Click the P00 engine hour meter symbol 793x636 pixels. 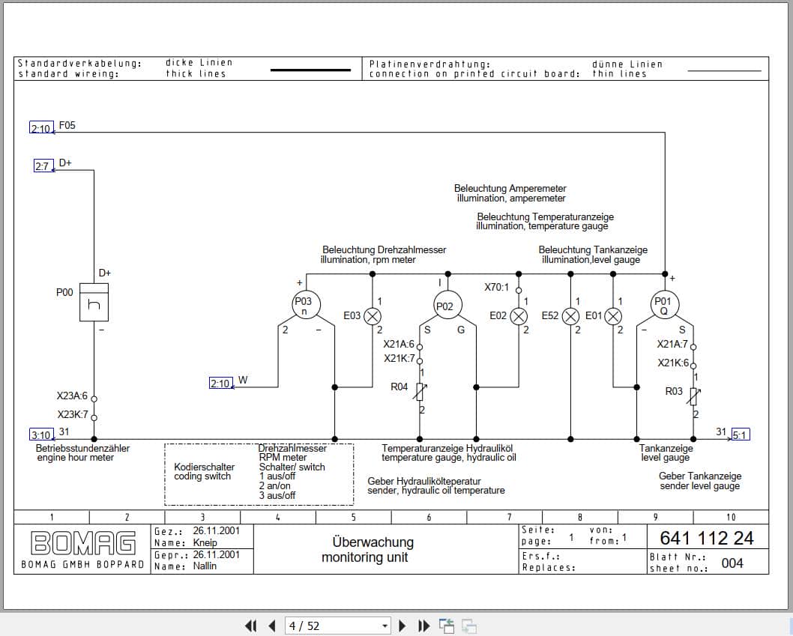[x=94, y=302]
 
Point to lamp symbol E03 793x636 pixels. [x=373, y=316]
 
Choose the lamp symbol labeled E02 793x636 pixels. [x=519, y=316]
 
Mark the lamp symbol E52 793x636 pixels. [x=570, y=316]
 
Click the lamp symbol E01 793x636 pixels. [x=613, y=316]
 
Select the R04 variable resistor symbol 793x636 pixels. [x=420, y=391]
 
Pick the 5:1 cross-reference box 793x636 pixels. [x=740, y=434]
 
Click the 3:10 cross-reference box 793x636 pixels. [x=41, y=434]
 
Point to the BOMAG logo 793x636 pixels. [x=82, y=542]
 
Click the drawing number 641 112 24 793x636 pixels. [x=706, y=538]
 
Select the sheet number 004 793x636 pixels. [x=732, y=563]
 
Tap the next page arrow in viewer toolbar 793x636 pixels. [x=402, y=626]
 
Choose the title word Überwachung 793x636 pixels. [x=373, y=542]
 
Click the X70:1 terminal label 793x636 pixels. [x=496, y=287]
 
